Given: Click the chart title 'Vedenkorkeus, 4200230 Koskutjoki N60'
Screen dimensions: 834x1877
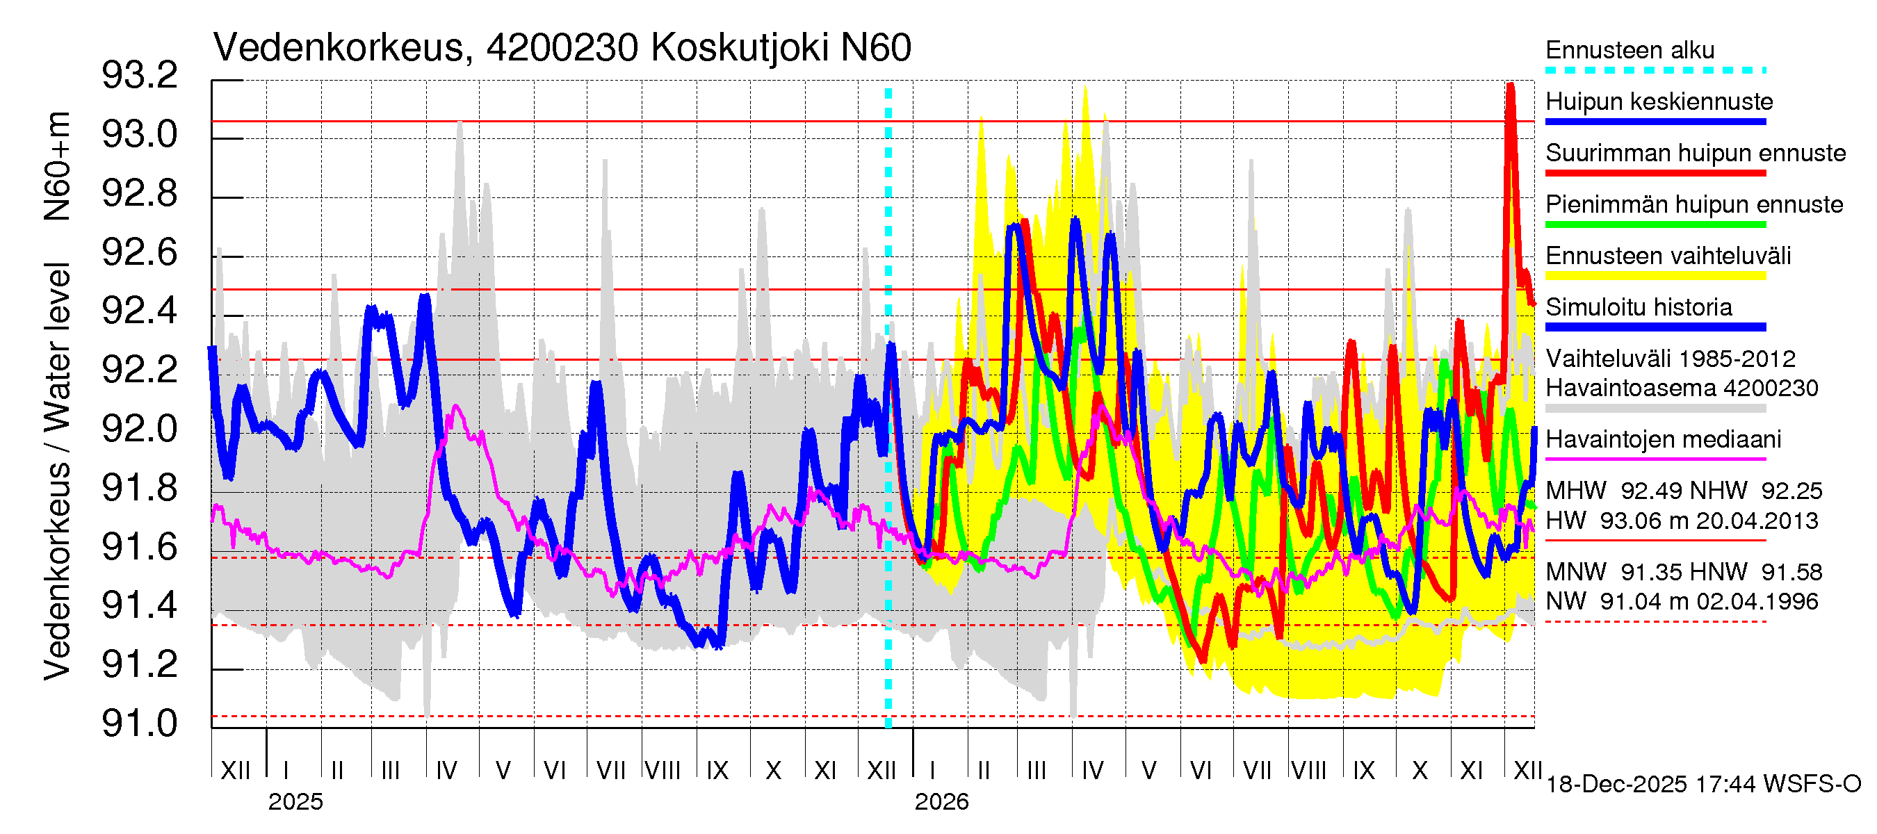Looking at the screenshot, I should pyautogui.click(x=562, y=48).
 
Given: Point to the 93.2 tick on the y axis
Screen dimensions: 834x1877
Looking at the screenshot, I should pyautogui.click(x=139, y=76).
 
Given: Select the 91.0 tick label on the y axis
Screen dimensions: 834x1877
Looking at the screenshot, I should pyautogui.click(x=139, y=723).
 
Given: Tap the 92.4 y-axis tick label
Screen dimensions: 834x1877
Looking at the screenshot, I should pyautogui.click(x=139, y=311).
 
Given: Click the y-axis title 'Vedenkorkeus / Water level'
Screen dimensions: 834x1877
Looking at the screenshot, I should pyautogui.click(x=57, y=472).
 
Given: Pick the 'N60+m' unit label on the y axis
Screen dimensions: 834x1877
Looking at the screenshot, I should pyautogui.click(x=57, y=166).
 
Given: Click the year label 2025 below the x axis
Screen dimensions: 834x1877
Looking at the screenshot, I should pyautogui.click(x=295, y=802).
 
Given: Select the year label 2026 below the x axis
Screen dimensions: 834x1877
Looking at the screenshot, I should pyautogui.click(x=941, y=802).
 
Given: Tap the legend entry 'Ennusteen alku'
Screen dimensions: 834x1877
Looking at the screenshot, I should pyautogui.click(x=1630, y=50).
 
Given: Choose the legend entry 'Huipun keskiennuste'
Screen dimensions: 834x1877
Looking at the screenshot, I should pyautogui.click(x=1659, y=101).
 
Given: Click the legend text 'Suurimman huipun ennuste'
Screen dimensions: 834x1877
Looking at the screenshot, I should pyautogui.click(x=1696, y=153).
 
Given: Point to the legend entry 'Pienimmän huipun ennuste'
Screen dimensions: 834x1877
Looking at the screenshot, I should pyautogui.click(x=1694, y=204).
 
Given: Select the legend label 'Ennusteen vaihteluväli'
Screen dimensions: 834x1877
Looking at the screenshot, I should pyautogui.click(x=1668, y=256).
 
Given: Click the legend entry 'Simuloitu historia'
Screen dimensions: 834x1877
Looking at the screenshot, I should pyautogui.click(x=1639, y=307).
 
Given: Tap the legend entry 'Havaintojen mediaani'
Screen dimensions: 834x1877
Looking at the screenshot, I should pyautogui.click(x=1663, y=440).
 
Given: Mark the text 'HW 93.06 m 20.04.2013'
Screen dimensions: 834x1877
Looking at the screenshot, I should pyautogui.click(x=1682, y=521).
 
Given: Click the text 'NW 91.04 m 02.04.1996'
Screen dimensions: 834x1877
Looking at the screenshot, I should pyautogui.click(x=1682, y=602).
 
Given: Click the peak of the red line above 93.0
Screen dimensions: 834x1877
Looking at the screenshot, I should pyautogui.click(x=1511, y=86).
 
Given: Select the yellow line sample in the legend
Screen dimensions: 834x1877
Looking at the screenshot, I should pyautogui.click(x=1655, y=276).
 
